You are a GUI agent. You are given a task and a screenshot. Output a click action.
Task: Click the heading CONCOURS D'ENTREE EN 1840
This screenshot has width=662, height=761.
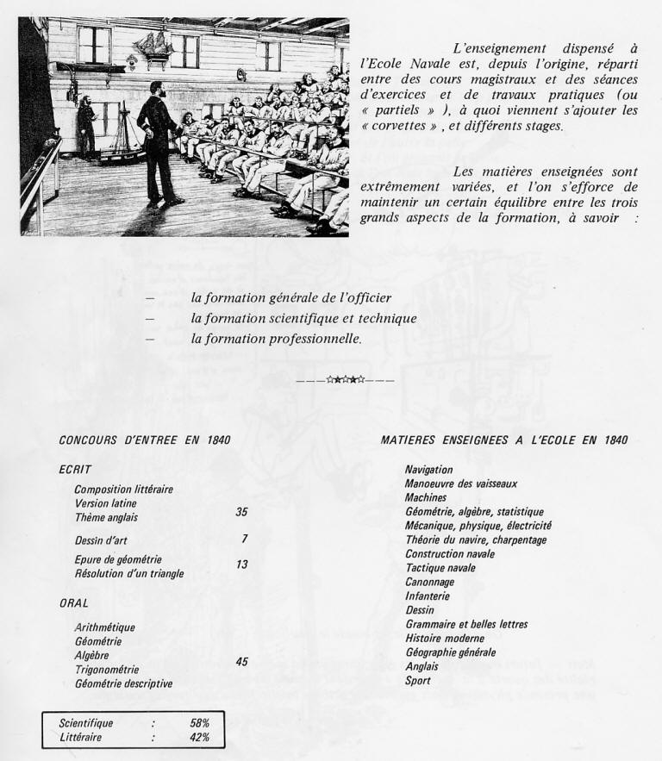coord(145,440)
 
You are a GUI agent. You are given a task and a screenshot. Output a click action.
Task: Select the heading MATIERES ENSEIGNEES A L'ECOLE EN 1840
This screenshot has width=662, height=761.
coord(504,440)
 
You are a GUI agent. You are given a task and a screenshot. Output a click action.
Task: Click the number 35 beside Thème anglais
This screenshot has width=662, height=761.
coord(241,512)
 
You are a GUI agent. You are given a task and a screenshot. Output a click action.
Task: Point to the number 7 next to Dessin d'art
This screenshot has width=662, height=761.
coord(245,540)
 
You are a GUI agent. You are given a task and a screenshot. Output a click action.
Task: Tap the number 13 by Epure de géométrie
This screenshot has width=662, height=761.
coord(241,565)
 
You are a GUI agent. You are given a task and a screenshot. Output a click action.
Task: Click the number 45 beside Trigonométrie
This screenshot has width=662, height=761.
coord(241,662)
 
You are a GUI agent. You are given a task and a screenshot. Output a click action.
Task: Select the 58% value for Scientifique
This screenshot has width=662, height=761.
coord(200,723)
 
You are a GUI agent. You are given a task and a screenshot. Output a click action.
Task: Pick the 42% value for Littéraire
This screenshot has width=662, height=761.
coord(200,738)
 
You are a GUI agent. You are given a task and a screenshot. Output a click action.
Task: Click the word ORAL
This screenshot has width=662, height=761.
coord(74,603)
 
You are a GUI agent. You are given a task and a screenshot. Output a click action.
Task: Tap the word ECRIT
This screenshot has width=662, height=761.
coord(76,469)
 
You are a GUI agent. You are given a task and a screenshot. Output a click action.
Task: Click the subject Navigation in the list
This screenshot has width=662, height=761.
coord(428,470)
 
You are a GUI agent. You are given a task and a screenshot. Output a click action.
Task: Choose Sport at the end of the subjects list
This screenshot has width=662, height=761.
coord(417,681)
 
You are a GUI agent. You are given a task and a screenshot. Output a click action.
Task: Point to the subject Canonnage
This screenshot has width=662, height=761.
coord(431,582)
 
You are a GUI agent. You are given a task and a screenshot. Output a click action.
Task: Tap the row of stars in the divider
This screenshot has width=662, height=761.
coord(345,380)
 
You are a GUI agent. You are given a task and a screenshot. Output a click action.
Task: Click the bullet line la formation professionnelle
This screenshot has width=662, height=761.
coord(276,340)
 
